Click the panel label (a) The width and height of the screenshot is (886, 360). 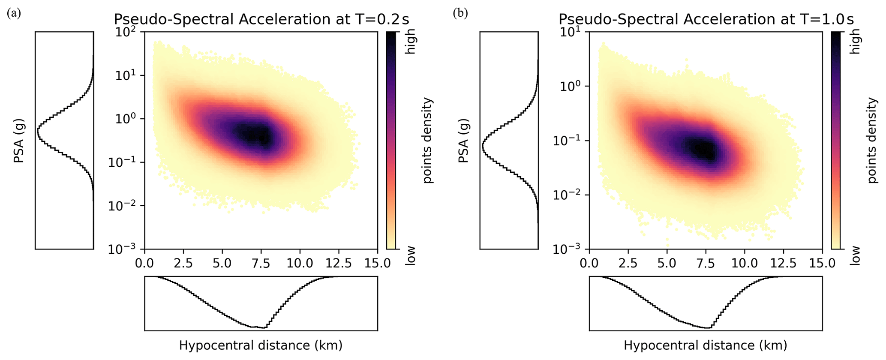click(14, 14)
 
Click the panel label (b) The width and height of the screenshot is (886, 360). click(460, 14)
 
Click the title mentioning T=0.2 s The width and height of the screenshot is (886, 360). click(261, 20)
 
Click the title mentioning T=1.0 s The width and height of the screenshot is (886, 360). click(706, 20)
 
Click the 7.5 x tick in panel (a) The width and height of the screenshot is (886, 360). click(261, 263)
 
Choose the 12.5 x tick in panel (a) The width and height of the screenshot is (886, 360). click(339, 263)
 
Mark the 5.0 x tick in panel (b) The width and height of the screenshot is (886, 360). click(667, 263)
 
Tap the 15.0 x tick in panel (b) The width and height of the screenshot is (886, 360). click(822, 263)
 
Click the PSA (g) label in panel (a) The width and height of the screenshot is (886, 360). click(19, 141)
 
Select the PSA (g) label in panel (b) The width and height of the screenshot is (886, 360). click(464, 141)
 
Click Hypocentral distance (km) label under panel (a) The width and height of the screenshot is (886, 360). click(261, 345)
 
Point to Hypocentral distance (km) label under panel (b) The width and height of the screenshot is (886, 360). click(706, 345)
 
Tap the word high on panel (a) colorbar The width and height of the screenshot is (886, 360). click(411, 41)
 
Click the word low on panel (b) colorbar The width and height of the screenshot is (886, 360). click(856, 255)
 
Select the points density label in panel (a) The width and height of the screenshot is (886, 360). click(428, 141)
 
